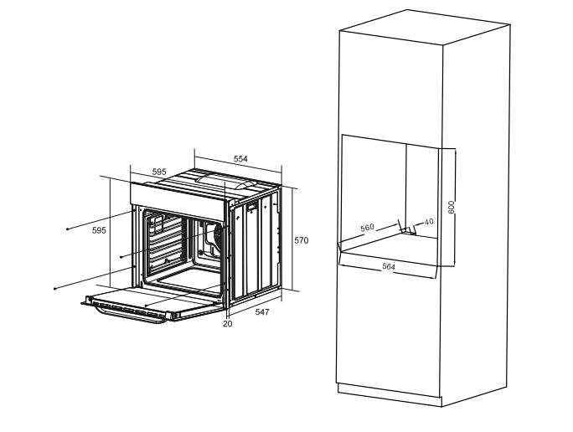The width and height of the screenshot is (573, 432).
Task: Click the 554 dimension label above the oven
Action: pos(240,158)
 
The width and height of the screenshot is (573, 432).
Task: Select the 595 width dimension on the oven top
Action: pos(159,172)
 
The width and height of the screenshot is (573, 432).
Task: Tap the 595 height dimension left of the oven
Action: pos(99,230)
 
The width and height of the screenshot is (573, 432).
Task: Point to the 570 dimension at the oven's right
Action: pos(301,240)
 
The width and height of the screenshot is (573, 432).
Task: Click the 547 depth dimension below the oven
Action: pos(262,311)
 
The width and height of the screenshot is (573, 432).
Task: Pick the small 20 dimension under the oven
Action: pos(228,323)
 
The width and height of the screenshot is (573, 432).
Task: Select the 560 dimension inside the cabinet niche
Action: pos(368,228)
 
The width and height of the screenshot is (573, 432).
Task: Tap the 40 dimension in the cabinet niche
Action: pos(429,222)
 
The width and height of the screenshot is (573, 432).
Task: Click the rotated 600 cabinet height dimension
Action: pos(451,208)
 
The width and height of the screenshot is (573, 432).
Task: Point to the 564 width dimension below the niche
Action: pos(389,266)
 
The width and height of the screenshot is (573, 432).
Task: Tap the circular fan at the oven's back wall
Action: pos(219,234)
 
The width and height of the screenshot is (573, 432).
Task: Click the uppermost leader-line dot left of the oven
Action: pos(68,229)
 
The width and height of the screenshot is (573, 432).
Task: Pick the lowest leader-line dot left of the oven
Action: pos(54,288)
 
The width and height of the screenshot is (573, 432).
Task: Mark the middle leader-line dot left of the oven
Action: pos(121,256)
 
